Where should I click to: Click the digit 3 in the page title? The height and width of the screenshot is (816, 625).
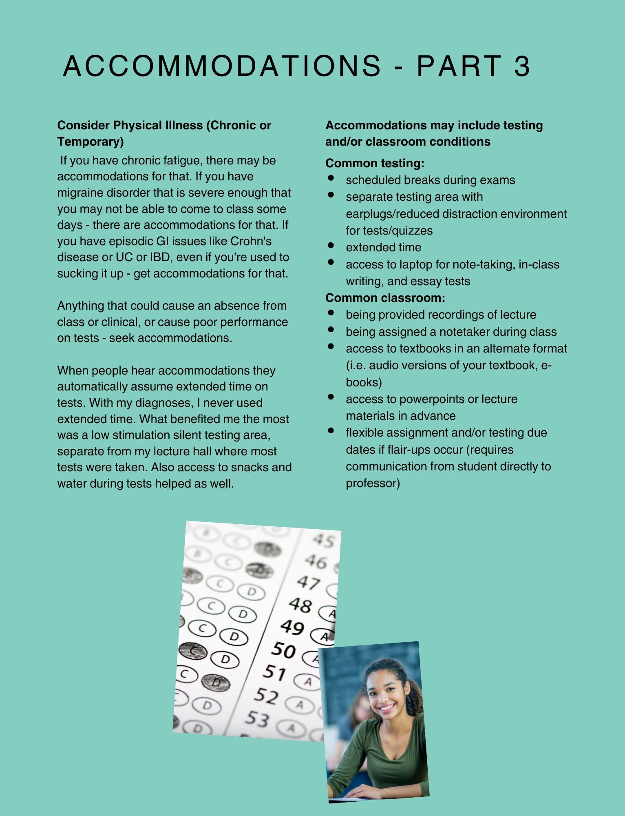[x=521, y=66]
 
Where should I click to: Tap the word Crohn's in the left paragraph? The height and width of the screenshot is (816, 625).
[x=251, y=241]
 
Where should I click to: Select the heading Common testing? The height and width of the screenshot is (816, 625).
[x=375, y=163]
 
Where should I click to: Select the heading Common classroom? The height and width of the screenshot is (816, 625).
[x=385, y=298]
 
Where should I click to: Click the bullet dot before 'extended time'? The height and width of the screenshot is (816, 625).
[x=331, y=246]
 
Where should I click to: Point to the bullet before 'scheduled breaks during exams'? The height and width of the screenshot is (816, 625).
[x=331, y=178]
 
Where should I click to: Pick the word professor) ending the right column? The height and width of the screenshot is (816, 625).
[x=373, y=483]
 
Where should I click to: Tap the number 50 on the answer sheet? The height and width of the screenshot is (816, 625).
[x=283, y=650]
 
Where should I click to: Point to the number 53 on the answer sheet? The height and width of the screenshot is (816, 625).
[x=257, y=718]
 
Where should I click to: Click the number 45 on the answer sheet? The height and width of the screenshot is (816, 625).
[x=324, y=540]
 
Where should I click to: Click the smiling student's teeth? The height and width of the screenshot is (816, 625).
[x=387, y=707]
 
